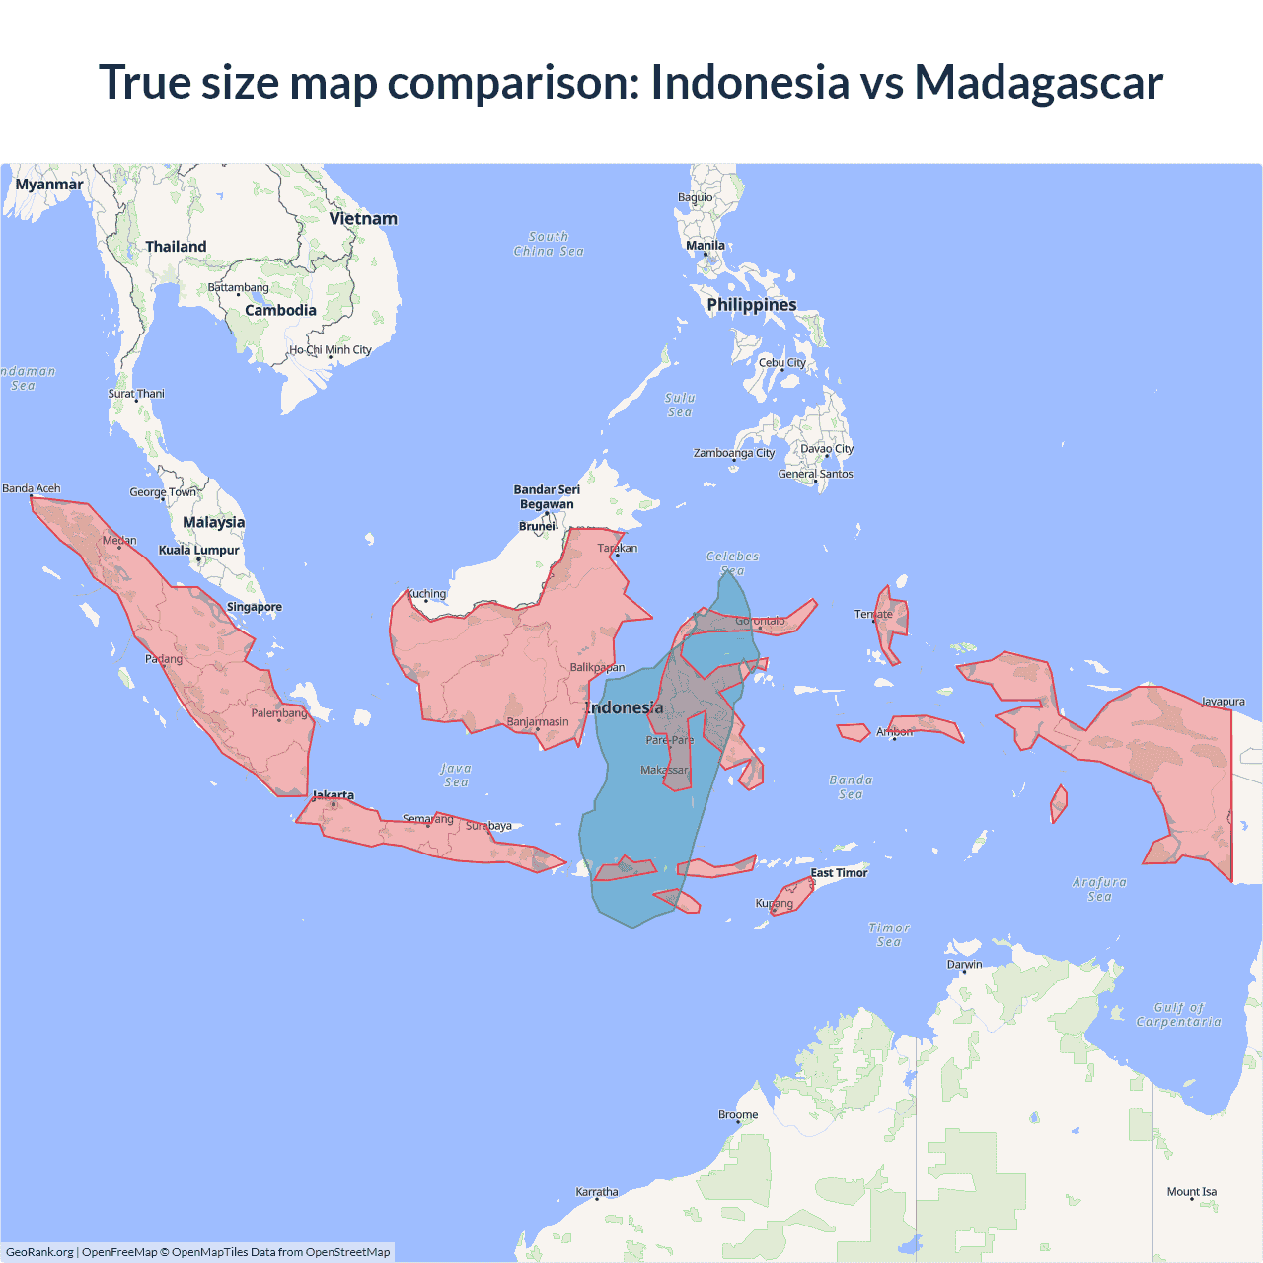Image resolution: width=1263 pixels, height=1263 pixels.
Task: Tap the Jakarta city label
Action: [x=333, y=795]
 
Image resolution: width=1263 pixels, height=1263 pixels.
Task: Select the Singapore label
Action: [x=255, y=607]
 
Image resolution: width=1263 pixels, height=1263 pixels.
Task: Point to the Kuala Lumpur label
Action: [x=199, y=550]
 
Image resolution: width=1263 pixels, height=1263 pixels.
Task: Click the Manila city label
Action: [x=706, y=245]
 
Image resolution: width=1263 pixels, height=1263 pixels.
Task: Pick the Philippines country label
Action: [x=752, y=304]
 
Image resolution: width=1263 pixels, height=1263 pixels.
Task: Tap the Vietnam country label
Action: [x=363, y=218]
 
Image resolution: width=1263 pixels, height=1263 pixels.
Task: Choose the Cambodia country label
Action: [x=280, y=310]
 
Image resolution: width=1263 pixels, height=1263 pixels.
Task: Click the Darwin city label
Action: [x=964, y=964]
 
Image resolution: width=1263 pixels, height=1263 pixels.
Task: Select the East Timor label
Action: [x=839, y=872]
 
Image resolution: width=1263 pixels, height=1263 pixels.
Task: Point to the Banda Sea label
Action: [x=851, y=786]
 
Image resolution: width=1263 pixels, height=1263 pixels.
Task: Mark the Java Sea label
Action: [x=456, y=775]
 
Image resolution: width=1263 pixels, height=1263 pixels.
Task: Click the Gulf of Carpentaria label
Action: [x=1178, y=1014]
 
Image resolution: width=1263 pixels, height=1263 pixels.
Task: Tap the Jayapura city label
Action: [x=1223, y=702]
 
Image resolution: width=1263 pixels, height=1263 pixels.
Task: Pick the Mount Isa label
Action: [x=1192, y=1191]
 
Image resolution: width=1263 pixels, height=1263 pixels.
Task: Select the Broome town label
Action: [x=738, y=1114]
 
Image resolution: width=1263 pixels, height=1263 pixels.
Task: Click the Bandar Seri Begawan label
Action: [x=547, y=496]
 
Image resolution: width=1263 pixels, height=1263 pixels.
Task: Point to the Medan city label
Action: [x=119, y=540]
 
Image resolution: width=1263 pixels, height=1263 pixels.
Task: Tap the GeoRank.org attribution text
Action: [x=39, y=1252]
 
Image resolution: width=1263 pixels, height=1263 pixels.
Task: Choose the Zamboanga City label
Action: [x=734, y=453]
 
